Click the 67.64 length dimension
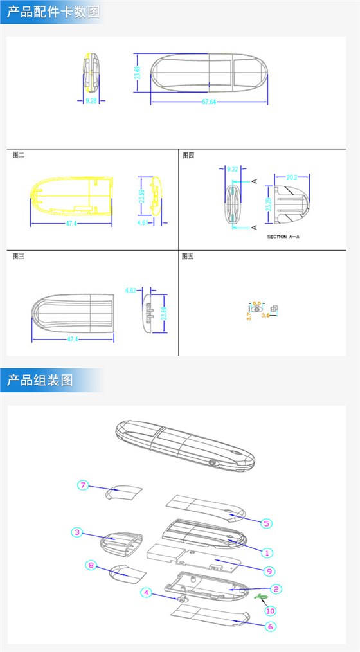click(209, 101)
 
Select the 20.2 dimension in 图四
click(291, 177)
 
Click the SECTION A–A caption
click(283, 237)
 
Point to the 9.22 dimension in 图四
click(232, 169)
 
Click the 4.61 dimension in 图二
click(143, 222)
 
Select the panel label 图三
click(18, 256)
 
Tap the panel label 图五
click(188, 256)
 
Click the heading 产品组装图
click(40, 380)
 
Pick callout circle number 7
click(82, 485)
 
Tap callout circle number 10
click(271, 610)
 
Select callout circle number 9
click(269, 570)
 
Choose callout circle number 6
click(271, 626)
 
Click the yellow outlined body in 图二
click(71, 196)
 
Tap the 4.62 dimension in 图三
click(130, 291)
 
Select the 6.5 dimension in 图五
click(256, 302)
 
